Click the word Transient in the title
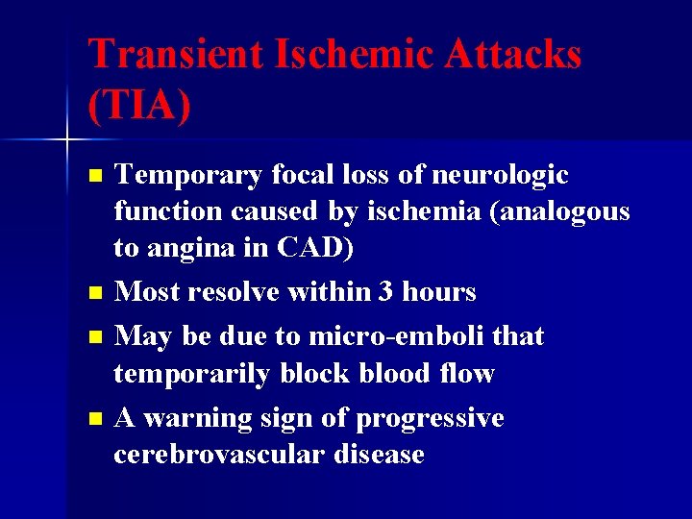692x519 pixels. tap(174, 54)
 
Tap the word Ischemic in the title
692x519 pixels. tap(354, 54)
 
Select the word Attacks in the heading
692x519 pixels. tap(513, 54)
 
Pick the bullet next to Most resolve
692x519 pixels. tap(93, 290)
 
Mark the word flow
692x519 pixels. tap(465, 372)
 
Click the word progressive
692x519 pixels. tap(430, 419)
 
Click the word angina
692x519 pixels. tap(193, 247)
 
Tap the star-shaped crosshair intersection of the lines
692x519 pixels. tap(68, 141)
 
